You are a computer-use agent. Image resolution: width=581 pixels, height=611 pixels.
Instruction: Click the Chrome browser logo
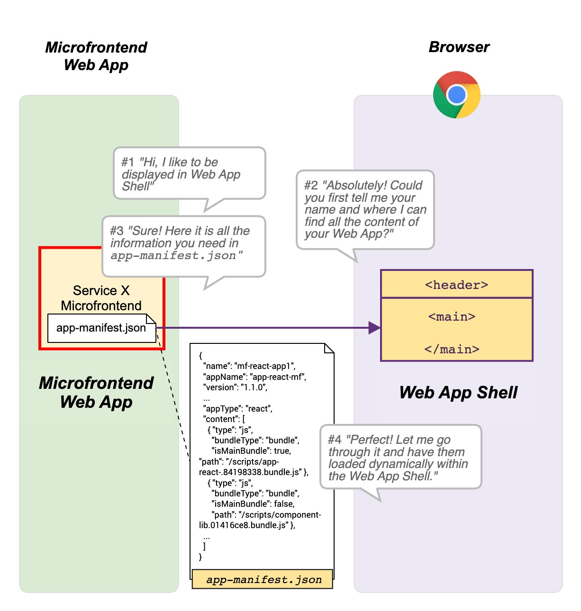tap(456, 95)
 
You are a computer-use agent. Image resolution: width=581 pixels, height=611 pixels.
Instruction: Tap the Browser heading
tap(459, 47)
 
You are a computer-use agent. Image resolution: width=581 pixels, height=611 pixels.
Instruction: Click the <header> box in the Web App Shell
tap(457, 284)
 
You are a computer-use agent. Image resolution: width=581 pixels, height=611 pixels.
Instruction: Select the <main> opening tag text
tap(452, 316)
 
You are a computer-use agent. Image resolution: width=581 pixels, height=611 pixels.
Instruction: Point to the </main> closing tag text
tap(452, 349)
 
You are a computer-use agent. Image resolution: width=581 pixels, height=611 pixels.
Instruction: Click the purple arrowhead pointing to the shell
tap(374, 327)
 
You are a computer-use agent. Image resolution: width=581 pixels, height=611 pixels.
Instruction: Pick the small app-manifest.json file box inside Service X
tap(101, 328)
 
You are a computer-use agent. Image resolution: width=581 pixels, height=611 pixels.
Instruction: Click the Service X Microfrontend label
tap(101, 298)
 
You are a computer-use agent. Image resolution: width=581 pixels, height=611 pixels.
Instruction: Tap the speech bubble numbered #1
tap(189, 173)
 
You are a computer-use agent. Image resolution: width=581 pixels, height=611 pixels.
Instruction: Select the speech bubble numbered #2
tap(365, 209)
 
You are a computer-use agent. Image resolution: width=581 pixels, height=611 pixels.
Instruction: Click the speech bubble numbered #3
tap(183, 246)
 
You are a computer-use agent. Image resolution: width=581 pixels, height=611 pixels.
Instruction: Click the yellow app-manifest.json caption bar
tap(263, 579)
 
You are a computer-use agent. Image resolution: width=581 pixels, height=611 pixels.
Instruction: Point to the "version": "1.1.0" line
tap(235, 387)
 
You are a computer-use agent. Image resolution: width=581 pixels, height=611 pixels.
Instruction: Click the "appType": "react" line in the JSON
tap(238, 408)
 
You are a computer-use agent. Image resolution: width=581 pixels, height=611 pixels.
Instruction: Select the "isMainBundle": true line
tap(251, 451)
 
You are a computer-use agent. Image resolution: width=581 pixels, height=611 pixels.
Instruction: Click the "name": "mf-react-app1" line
tap(249, 366)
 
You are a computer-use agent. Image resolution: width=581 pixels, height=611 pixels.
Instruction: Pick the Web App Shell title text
tap(458, 392)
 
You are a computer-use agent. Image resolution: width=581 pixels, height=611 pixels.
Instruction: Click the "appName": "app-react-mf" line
tap(254, 377)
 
